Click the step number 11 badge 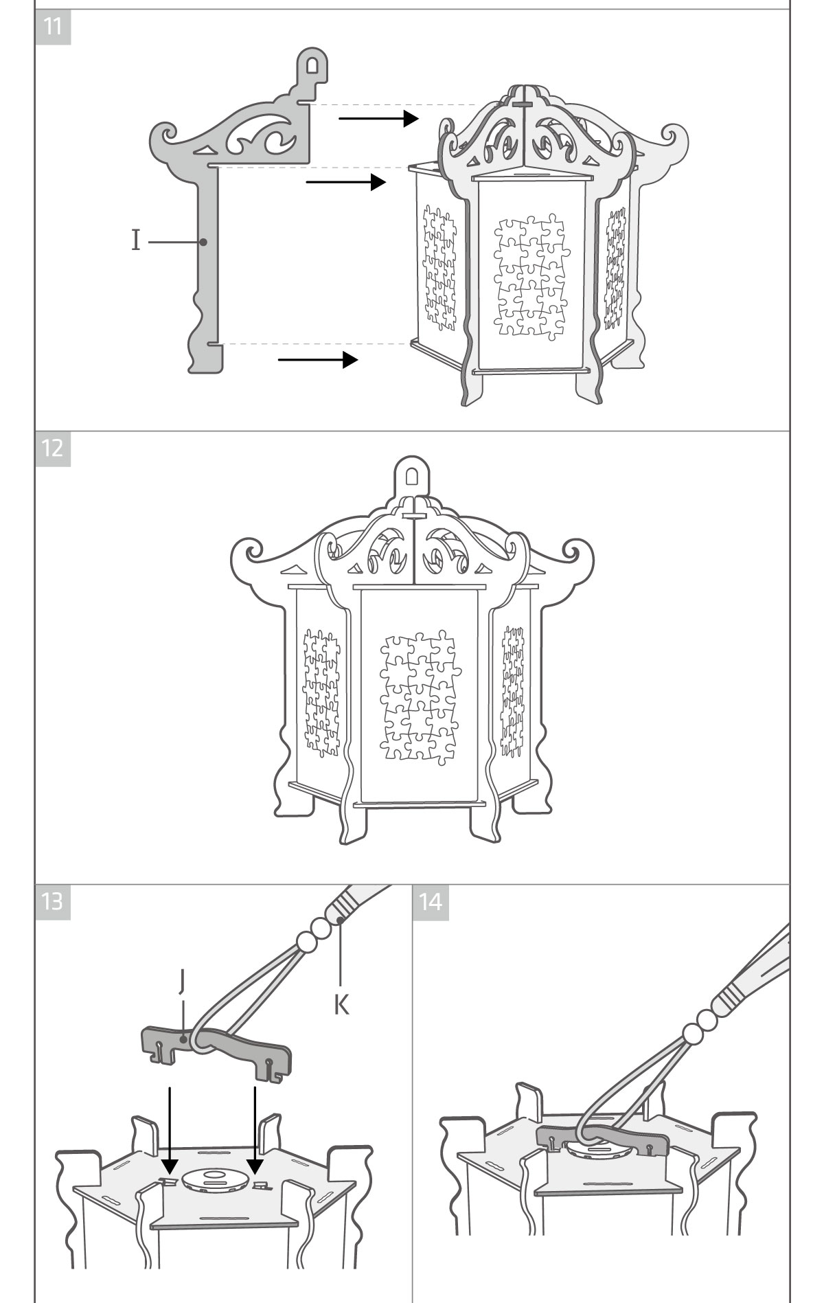(53, 27)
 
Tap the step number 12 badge (53, 449)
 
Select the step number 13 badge (53, 901)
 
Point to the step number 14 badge (431, 901)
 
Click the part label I (136, 241)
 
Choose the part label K (341, 1005)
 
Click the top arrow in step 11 (378, 118)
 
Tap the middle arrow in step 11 (345, 182)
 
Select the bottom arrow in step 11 (318, 359)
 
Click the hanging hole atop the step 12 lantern (412, 477)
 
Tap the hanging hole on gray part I (312, 64)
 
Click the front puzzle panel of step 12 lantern (419, 695)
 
